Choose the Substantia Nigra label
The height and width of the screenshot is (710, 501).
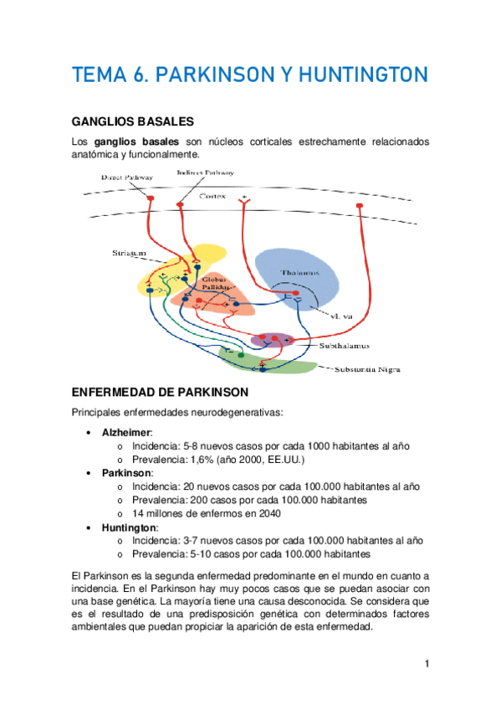pos(372,368)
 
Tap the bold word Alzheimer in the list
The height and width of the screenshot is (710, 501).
pos(125,432)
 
